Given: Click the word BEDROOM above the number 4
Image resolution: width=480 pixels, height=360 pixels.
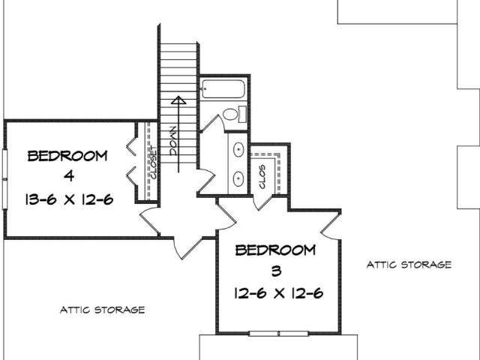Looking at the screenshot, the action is (67, 156).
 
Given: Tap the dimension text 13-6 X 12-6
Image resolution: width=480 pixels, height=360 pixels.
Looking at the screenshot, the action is (69, 200).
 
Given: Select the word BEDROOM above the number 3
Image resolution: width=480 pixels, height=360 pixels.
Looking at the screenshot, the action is (275, 250).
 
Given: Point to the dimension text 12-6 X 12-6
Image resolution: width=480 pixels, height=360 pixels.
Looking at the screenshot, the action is (278, 293).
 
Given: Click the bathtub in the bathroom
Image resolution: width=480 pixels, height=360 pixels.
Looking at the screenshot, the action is (223, 89).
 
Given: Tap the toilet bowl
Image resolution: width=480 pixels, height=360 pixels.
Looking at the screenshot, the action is (230, 115).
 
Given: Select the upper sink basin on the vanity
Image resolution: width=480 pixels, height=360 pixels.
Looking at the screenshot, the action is (238, 150).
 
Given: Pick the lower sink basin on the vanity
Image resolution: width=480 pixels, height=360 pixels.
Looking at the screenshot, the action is (238, 178).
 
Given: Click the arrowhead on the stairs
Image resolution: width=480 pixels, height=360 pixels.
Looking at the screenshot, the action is (178, 100).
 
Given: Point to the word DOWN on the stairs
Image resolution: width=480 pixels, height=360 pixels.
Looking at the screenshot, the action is (173, 141).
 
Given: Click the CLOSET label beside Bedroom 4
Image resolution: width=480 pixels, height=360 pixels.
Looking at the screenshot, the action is (153, 163).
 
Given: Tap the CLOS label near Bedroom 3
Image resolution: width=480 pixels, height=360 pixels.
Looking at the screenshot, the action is (262, 177).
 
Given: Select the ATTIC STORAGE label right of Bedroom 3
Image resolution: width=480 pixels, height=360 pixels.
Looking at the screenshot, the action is (409, 265).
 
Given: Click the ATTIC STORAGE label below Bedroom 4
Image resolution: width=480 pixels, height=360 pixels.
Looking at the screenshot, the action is (102, 310).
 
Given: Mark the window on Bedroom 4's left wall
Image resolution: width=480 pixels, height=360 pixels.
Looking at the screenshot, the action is (4, 179).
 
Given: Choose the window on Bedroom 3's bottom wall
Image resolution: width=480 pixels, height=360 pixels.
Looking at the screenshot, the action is (278, 333).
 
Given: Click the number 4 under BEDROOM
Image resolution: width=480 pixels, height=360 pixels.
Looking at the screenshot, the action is (70, 176).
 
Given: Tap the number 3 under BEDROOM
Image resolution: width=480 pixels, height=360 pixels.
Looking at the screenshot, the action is (277, 271).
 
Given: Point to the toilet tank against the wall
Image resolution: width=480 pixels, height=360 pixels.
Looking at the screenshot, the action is (242, 114).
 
